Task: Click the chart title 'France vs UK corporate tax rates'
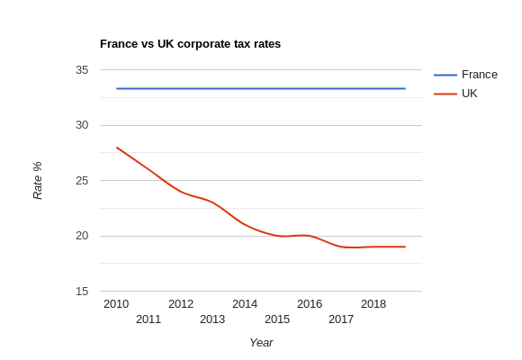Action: tap(190, 44)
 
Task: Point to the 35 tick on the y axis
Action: tap(82, 70)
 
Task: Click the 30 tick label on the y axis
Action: tap(82, 125)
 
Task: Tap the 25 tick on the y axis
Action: tap(82, 181)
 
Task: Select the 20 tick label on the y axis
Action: tap(82, 236)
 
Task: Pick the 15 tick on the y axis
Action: tap(82, 292)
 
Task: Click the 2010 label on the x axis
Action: tap(116, 304)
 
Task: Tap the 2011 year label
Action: tap(148, 319)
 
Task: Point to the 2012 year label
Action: tap(181, 304)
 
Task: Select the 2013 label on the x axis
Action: tap(212, 319)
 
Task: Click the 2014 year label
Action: tap(245, 304)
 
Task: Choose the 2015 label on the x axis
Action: tap(277, 319)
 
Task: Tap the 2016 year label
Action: tap(310, 304)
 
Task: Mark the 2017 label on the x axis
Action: tap(341, 319)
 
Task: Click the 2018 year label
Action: tap(373, 304)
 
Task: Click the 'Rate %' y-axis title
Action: tap(38, 180)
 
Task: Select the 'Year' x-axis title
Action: tap(261, 343)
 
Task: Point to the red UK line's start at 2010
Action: tap(117, 148)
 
